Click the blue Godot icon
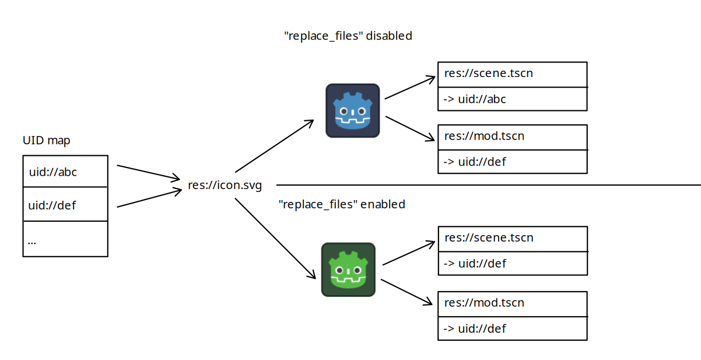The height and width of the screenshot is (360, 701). tap(353, 111)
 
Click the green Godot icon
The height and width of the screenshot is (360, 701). tap(348, 270)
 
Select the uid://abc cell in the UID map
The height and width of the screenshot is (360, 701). tap(65, 172)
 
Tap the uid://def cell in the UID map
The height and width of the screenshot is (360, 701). tap(65, 205)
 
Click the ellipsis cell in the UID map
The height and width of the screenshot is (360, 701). tap(65, 239)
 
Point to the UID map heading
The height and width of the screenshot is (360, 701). tap(47, 141)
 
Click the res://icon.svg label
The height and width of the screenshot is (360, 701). tap(225, 186)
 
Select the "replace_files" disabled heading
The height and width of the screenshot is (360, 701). tap(348, 36)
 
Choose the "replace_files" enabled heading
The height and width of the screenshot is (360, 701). tap(342, 204)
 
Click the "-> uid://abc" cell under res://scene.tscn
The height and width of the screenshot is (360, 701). tap(512, 99)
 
